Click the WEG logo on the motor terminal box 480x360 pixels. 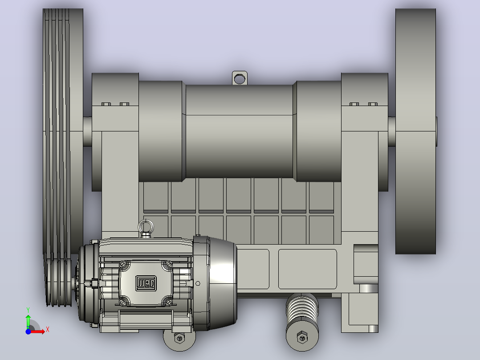coord(146,283)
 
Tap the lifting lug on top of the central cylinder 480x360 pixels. coord(240,78)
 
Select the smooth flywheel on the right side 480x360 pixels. coord(415,131)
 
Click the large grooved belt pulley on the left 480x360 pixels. coord(63,131)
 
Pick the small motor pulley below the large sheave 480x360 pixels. coord(60,280)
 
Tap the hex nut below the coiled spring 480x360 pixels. coord(302,338)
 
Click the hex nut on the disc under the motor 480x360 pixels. coord(179,338)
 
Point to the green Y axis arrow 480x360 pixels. coord(28,320)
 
